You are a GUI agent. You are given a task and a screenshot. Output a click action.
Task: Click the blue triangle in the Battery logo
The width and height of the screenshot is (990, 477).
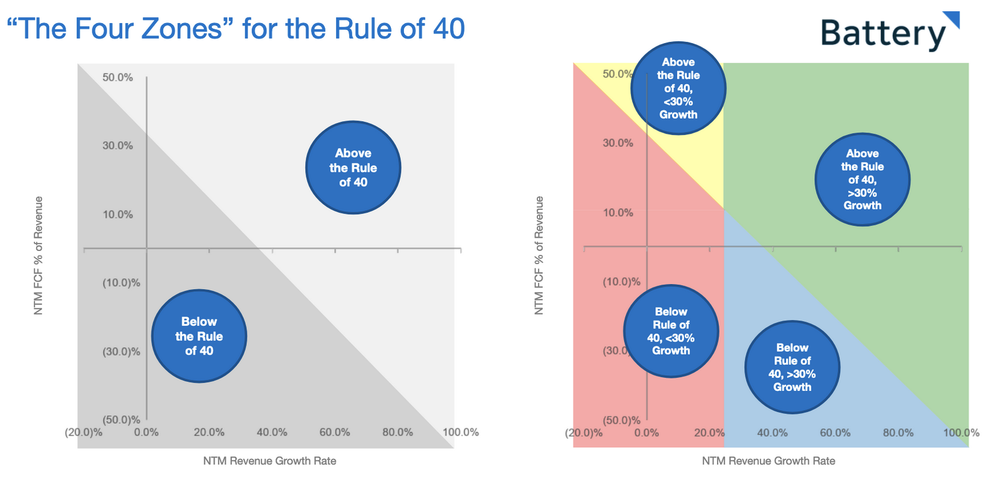click(x=952, y=18)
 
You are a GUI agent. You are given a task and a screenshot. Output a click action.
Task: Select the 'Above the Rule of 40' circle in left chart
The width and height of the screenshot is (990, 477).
click(x=353, y=167)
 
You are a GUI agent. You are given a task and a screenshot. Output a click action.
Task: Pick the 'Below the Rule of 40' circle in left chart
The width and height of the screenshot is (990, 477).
click(x=199, y=336)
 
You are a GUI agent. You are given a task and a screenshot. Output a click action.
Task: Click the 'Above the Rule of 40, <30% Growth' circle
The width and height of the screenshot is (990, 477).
click(x=678, y=88)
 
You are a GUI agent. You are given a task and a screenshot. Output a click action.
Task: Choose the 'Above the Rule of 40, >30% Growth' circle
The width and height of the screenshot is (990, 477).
click(x=862, y=179)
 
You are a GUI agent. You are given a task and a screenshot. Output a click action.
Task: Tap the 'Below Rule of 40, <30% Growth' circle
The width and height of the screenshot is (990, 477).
click(x=671, y=331)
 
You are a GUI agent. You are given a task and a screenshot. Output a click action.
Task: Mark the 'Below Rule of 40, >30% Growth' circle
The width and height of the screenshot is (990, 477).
click(x=792, y=367)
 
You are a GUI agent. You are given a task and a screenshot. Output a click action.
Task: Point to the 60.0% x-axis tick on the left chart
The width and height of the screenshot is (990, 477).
click(x=335, y=432)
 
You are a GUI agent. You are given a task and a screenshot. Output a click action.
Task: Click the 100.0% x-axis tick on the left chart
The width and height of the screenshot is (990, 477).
click(x=461, y=432)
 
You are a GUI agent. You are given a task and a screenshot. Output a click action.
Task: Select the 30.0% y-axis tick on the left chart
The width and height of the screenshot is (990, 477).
click(x=118, y=145)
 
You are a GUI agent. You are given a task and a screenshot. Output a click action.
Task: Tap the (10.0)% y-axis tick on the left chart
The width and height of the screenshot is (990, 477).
click(x=121, y=283)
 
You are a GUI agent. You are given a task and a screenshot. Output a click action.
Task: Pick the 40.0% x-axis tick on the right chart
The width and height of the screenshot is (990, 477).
click(x=772, y=433)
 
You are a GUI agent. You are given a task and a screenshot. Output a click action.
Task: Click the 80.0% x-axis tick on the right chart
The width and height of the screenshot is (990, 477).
click(x=898, y=433)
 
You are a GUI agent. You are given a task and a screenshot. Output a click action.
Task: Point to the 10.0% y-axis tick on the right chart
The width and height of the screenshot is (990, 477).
click(x=618, y=213)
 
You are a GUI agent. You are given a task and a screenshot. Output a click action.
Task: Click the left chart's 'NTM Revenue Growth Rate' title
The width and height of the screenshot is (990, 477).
click(x=269, y=461)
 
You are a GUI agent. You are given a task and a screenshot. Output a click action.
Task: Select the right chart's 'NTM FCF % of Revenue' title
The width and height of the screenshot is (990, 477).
click(x=539, y=255)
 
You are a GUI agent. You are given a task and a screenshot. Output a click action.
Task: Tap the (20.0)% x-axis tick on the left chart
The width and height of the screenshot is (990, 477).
click(x=84, y=432)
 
